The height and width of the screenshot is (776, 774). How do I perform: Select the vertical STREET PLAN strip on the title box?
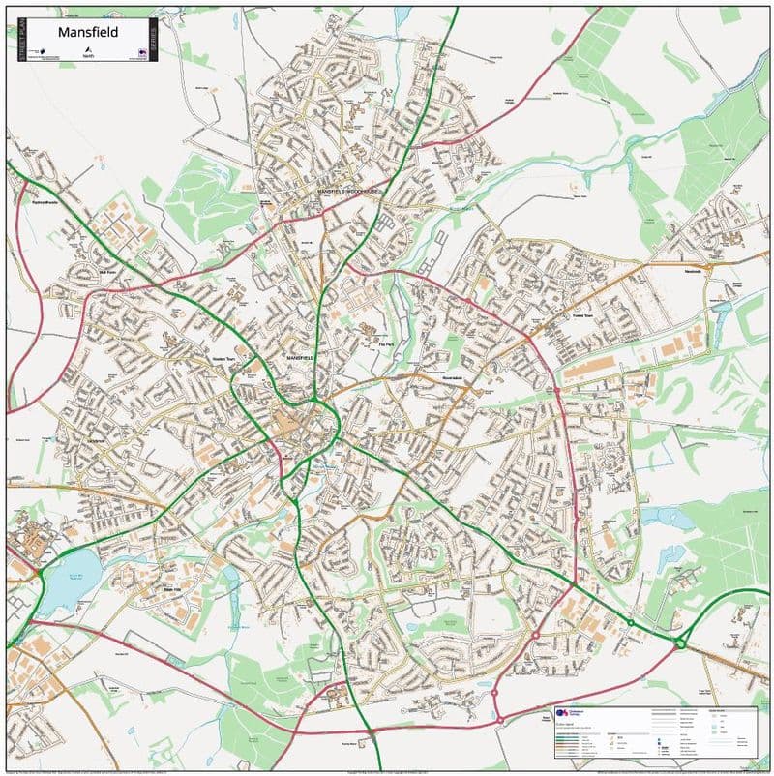pos(19,40)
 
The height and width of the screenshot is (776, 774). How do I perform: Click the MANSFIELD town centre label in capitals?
pos(301,358)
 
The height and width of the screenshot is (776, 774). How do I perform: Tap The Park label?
pos(387,345)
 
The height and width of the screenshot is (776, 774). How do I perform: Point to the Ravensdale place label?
pos(454,377)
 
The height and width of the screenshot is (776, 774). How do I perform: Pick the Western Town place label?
pos(224,360)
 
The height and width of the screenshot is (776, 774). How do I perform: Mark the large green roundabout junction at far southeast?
pos(680,642)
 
